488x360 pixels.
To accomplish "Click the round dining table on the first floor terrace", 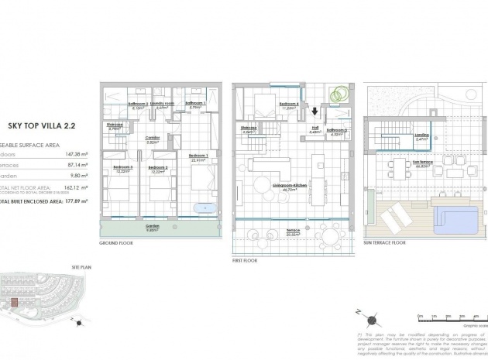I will tap(332, 236).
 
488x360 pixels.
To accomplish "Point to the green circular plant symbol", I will tap(337, 94).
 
